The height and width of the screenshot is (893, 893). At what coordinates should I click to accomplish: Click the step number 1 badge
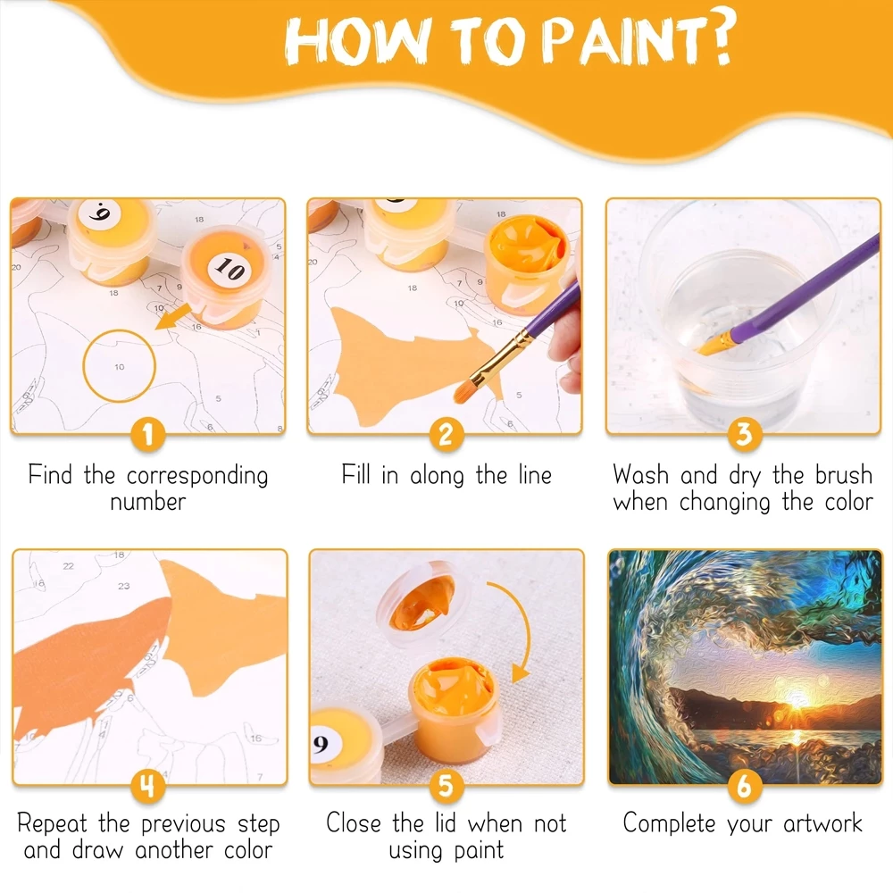[x=148, y=435]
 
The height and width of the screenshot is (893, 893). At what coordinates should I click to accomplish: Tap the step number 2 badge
[x=446, y=435]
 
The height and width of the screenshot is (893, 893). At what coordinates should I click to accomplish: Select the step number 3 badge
[x=744, y=435]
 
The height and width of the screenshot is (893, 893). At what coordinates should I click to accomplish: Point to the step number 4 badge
[x=148, y=786]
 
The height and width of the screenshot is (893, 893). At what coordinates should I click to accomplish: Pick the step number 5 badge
[x=446, y=786]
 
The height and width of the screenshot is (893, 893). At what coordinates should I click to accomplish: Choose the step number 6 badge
[x=744, y=786]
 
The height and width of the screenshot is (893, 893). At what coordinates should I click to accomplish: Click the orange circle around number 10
[x=120, y=366]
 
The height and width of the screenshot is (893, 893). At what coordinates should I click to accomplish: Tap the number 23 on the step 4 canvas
[x=124, y=587]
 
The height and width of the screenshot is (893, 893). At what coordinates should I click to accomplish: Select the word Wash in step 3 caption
[x=642, y=474]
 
